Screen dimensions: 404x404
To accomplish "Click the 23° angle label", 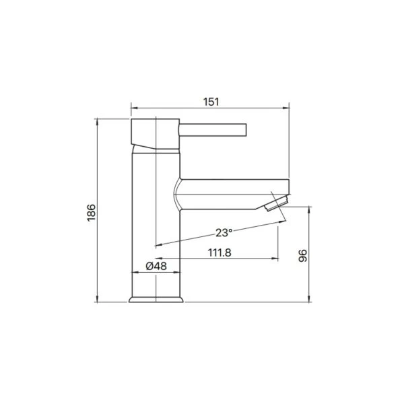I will [x=224, y=232].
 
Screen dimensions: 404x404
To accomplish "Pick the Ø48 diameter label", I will [x=156, y=267].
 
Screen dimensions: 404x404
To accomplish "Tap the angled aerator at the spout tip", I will [x=276, y=202].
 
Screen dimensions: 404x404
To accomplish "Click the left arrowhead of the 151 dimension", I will [x=133, y=107].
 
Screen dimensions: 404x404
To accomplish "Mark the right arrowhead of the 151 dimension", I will [x=286, y=107].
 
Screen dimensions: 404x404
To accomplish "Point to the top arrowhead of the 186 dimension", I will [x=98, y=122].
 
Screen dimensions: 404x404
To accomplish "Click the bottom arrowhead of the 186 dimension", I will [x=98, y=299].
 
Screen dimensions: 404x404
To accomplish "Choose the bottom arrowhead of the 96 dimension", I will [x=309, y=299].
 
